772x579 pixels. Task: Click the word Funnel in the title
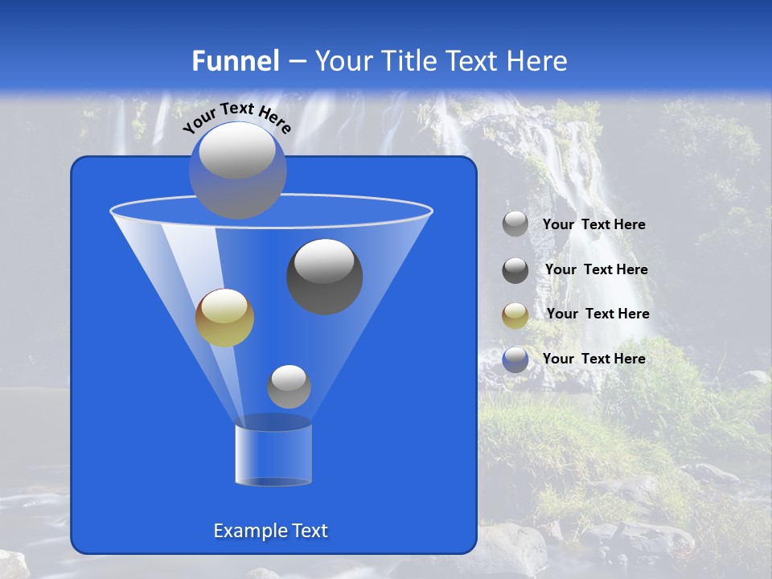pyautogui.click(x=236, y=61)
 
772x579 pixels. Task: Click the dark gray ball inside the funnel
pyautogui.click(x=325, y=277)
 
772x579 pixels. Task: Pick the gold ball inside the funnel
pyautogui.click(x=224, y=318)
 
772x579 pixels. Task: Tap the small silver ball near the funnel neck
pyautogui.click(x=289, y=387)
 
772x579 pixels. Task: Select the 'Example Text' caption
pyautogui.click(x=270, y=531)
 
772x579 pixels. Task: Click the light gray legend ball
pyautogui.click(x=515, y=224)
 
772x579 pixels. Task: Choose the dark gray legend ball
pyautogui.click(x=515, y=270)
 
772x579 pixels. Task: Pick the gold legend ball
pyautogui.click(x=515, y=314)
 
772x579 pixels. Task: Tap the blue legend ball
pyautogui.click(x=515, y=359)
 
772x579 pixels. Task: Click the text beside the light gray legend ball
pyautogui.click(x=593, y=225)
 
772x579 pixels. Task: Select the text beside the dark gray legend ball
pyautogui.click(x=596, y=270)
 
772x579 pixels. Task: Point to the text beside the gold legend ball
pyautogui.click(x=597, y=314)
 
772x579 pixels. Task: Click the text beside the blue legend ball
pyautogui.click(x=593, y=359)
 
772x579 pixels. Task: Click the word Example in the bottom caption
pyautogui.click(x=244, y=531)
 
